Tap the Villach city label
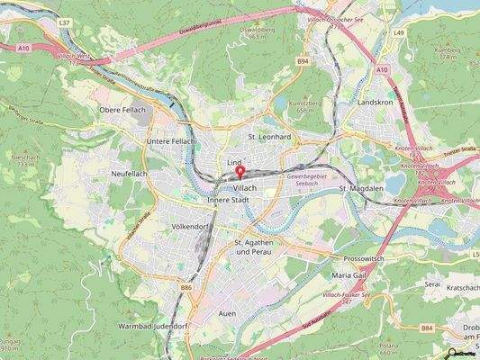pyautogui.click(x=246, y=186)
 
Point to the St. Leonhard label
pyautogui.click(x=269, y=137)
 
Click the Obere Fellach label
pyautogui.click(x=121, y=110)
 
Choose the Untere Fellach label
pyautogui.click(x=172, y=143)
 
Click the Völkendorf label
pyautogui.click(x=189, y=228)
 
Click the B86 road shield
pyautogui.click(x=186, y=288)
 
